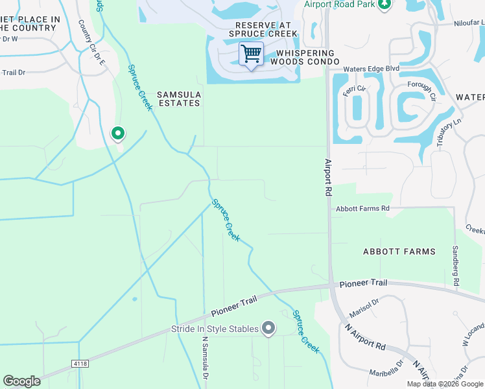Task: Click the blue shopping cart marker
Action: tap(251, 53)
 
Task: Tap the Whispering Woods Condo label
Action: tap(305, 57)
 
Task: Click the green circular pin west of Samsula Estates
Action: tap(117, 134)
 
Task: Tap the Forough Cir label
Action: tap(421, 91)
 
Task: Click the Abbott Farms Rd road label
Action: tap(362, 208)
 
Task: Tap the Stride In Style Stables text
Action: tap(215, 329)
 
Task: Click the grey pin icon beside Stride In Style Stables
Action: tap(268, 329)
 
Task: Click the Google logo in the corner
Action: tap(21, 381)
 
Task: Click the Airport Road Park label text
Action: tap(340, 5)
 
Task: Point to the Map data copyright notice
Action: tap(444, 384)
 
